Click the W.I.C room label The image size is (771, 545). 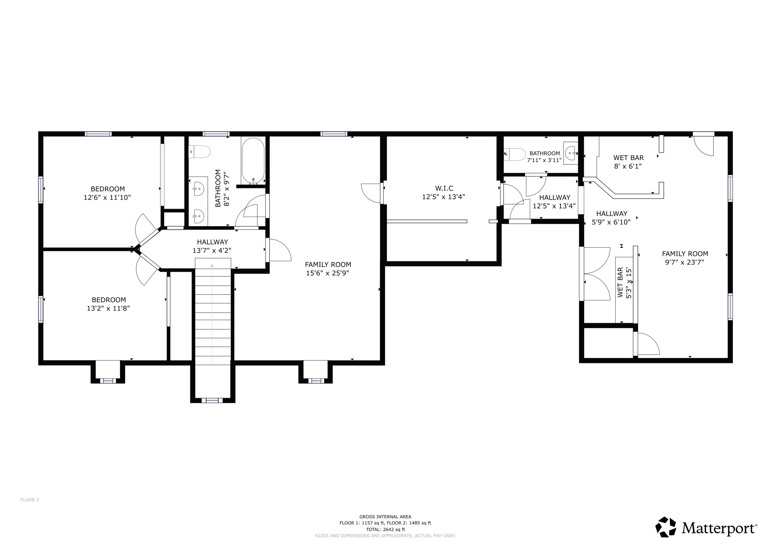pyautogui.click(x=444, y=188)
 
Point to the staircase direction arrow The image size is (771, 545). pyautogui.click(x=212, y=266)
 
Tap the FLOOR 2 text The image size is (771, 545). pyautogui.click(x=30, y=500)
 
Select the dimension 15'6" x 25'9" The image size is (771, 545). pyautogui.click(x=327, y=273)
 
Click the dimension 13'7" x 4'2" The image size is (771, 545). pyautogui.click(x=212, y=251)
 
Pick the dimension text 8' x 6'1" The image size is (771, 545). pyautogui.click(x=628, y=166)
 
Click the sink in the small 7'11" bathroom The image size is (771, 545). pyautogui.click(x=571, y=153)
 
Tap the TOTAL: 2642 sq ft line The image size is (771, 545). pyautogui.click(x=385, y=530)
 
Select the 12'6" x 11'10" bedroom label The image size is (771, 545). pyautogui.click(x=107, y=189)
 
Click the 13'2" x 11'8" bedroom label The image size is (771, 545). pyautogui.click(x=109, y=300)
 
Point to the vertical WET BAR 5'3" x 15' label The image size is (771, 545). pyautogui.click(x=624, y=282)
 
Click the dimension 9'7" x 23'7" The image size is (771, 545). pyautogui.click(x=684, y=262)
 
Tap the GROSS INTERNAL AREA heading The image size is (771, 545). pyautogui.click(x=385, y=517)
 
